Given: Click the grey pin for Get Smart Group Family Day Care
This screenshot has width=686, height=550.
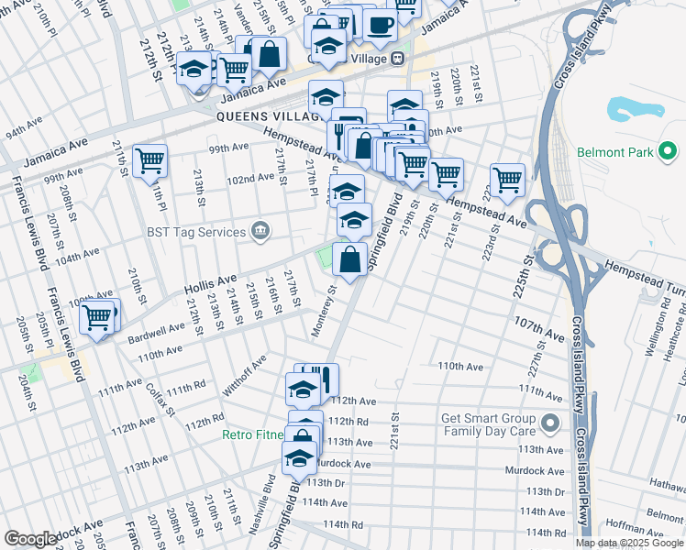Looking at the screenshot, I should click(549, 423).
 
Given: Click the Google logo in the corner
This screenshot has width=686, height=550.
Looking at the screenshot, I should click(30, 539).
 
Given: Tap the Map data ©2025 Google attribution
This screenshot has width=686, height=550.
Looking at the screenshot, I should click(628, 543).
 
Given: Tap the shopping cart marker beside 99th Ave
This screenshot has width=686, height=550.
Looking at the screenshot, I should click(149, 161).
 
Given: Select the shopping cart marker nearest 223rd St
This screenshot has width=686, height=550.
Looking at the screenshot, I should click(507, 179).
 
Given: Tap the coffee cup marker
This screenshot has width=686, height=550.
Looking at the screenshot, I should click(380, 25).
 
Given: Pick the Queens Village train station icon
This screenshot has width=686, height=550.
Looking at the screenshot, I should click(397, 58).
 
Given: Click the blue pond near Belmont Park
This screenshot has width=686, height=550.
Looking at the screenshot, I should click(636, 109).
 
